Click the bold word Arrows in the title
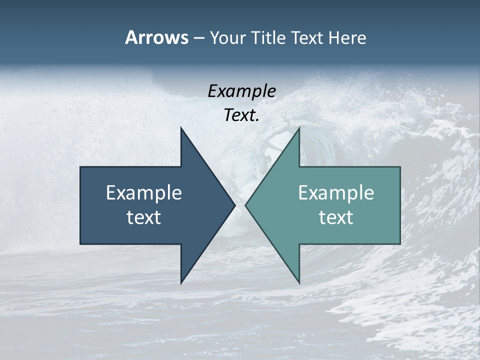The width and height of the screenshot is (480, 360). pyautogui.click(x=156, y=38)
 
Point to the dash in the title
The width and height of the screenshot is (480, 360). pyautogui.click(x=198, y=38)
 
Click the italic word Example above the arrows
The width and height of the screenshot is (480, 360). pyautogui.click(x=241, y=91)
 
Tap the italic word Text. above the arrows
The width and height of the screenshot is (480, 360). pyautogui.click(x=241, y=115)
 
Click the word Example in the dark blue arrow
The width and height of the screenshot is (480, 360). pyautogui.click(x=144, y=193)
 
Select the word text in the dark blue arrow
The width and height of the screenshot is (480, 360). pyautogui.click(x=144, y=217)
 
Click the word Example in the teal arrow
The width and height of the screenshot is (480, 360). pyautogui.click(x=336, y=193)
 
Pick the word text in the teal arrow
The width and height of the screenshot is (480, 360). pyautogui.click(x=336, y=217)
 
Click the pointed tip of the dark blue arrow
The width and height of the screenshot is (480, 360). pyautogui.click(x=234, y=205)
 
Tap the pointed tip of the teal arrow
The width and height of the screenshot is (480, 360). pyautogui.click(x=246, y=205)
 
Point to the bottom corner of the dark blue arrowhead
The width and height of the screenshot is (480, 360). pyautogui.click(x=181, y=282)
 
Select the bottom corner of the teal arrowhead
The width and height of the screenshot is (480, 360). pyautogui.click(x=299, y=282)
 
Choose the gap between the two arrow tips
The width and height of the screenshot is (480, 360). pyautogui.click(x=240, y=205)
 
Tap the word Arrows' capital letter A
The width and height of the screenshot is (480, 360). pyautogui.click(x=131, y=38)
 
